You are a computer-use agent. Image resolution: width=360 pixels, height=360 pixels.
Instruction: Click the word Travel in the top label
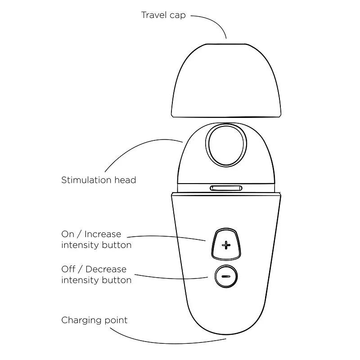[154, 15]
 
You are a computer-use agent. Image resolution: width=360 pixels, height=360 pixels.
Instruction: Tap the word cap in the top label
[177, 16]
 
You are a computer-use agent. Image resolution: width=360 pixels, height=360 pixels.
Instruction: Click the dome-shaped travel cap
[226, 81]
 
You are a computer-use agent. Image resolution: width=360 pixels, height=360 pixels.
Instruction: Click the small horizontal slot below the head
[226, 188]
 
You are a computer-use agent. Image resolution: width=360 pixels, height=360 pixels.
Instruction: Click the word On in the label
[68, 234]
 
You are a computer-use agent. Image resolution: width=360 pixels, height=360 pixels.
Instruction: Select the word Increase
[103, 234]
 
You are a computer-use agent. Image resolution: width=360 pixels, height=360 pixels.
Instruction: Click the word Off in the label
[68, 269]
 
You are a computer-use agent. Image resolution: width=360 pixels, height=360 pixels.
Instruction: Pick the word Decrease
[106, 269]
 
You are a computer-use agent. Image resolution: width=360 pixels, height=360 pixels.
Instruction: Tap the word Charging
[81, 320]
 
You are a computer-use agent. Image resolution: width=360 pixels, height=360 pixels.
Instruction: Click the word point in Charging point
[116, 320]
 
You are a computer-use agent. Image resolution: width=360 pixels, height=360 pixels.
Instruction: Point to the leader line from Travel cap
[215, 22]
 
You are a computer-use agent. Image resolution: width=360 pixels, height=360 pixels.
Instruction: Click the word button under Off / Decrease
[117, 280]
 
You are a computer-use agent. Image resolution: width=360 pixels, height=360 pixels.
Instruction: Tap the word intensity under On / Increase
[80, 245]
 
